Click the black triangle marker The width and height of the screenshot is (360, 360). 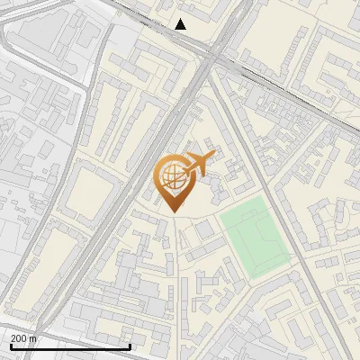(x=181, y=24)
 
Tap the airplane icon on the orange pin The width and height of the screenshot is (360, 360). (x=196, y=163)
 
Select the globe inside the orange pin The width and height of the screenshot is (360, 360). (x=170, y=177)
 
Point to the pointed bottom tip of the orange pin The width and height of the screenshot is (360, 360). (x=170, y=211)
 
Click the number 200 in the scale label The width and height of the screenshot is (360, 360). (x=19, y=338)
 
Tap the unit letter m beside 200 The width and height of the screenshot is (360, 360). (x=33, y=338)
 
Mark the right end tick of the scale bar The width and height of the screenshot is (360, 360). (x=130, y=346)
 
